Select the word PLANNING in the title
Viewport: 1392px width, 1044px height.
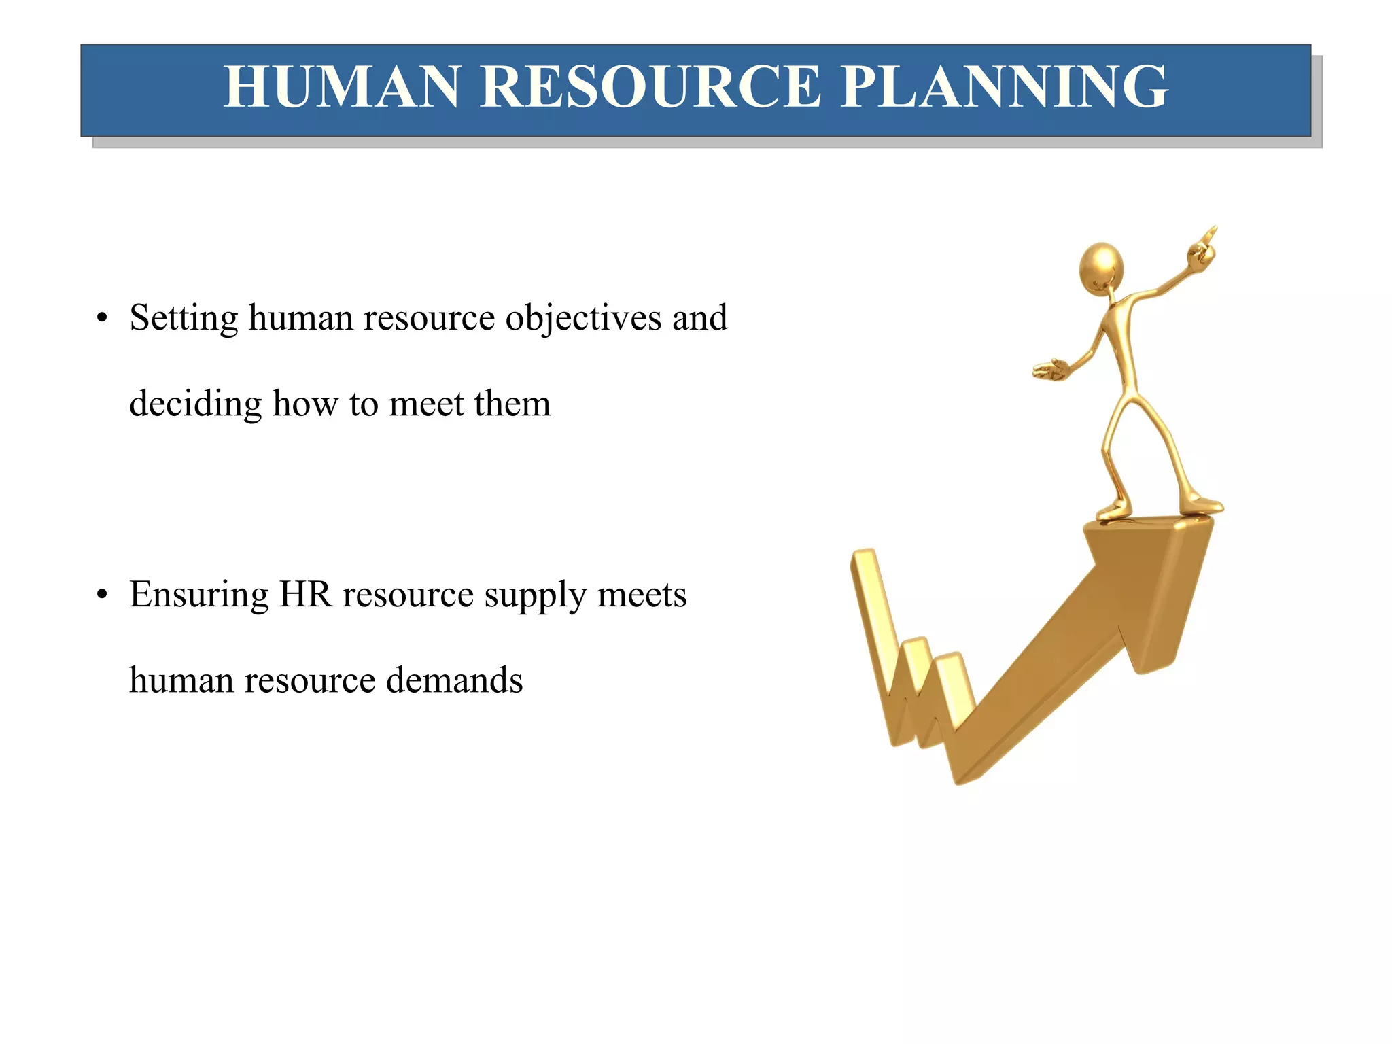point(1004,87)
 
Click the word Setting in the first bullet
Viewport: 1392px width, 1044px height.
point(184,318)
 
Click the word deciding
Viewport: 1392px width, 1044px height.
point(195,404)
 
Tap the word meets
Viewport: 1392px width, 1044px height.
point(642,595)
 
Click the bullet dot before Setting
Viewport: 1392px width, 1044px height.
point(102,319)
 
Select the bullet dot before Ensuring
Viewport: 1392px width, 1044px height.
point(102,595)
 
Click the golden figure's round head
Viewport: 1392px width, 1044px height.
point(1100,266)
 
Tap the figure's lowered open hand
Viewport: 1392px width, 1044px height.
point(1051,370)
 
